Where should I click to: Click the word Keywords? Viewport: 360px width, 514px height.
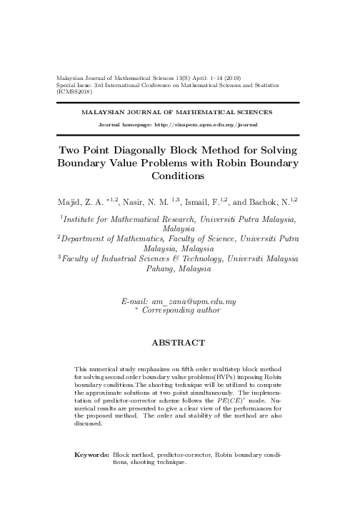(92, 454)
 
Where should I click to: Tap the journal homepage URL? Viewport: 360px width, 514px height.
(207, 124)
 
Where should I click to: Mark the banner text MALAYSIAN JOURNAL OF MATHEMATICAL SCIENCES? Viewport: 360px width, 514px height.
(176, 112)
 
